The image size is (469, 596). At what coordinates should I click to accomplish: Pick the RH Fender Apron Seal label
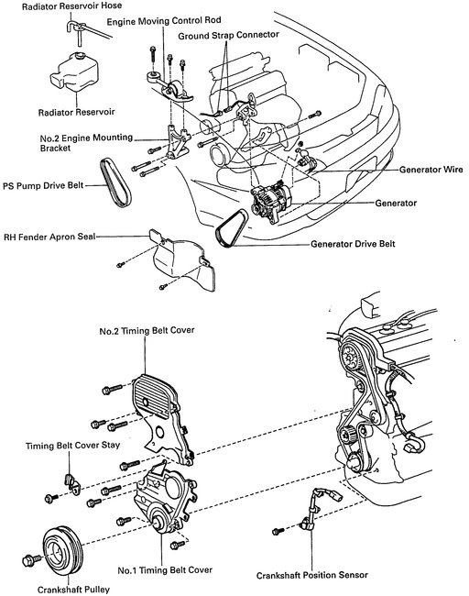(x=51, y=235)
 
